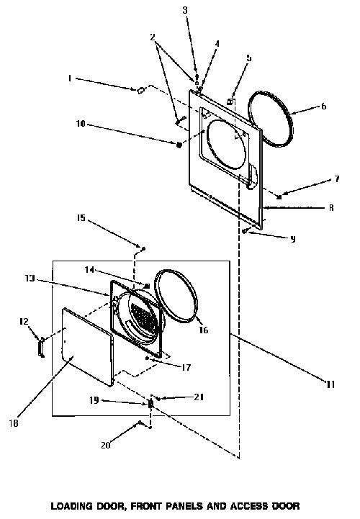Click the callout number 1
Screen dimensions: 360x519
[x=70, y=78]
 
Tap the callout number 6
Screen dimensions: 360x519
[x=323, y=107]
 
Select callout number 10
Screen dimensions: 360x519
[x=81, y=124]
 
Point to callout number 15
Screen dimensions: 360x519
[x=81, y=218]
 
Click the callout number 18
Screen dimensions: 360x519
[x=14, y=423]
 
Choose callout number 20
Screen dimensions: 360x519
[x=106, y=445]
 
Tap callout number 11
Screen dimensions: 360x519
[x=331, y=384]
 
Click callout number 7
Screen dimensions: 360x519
[x=337, y=179]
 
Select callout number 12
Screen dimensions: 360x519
[x=24, y=321]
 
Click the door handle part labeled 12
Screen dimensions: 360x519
[x=41, y=347]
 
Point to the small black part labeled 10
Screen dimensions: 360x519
[x=179, y=145]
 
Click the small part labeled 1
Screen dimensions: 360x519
[x=140, y=90]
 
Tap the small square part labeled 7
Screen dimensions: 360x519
[x=279, y=197]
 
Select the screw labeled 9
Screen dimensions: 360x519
[x=244, y=231]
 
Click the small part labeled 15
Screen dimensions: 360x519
[x=143, y=248]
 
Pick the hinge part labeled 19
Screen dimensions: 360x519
[x=150, y=404]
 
